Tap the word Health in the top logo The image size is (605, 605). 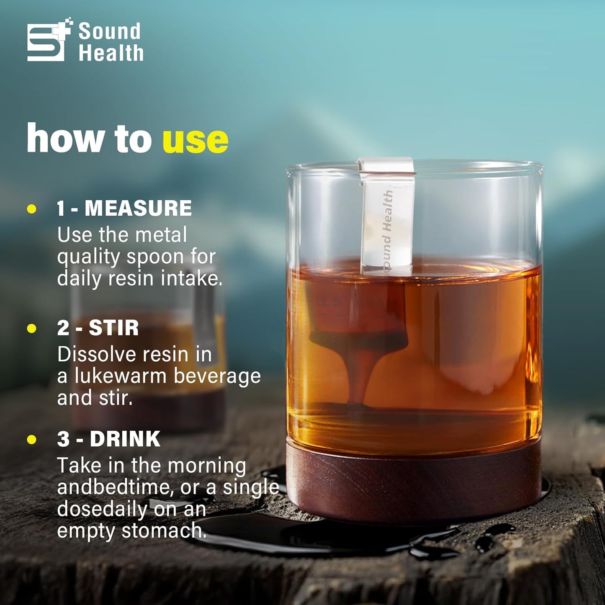tap(111, 53)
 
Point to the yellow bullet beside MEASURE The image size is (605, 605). tap(32, 209)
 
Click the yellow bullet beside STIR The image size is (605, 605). tap(32, 328)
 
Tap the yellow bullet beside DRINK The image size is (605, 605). tap(32, 439)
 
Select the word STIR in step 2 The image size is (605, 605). tap(113, 328)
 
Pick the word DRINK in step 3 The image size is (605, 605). tap(125, 439)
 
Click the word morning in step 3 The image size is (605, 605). tap(207, 466)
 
